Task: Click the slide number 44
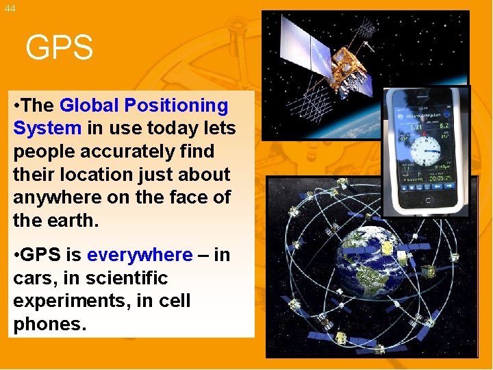click(x=9, y=8)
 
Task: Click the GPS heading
click(x=59, y=48)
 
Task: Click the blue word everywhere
click(x=140, y=255)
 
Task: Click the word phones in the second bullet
click(x=49, y=324)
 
